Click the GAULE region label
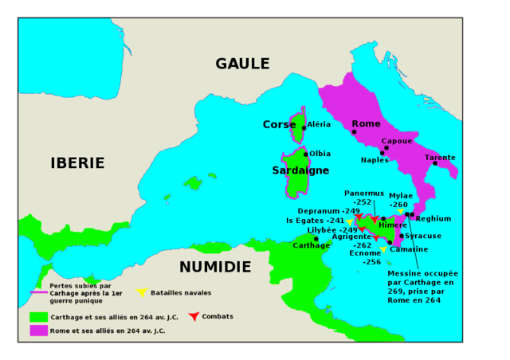(242, 64)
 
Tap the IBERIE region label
(77, 163)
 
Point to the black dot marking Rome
(354, 132)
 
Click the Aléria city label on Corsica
(319, 125)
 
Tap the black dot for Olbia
(306, 155)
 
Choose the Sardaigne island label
(300, 170)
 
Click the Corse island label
(280, 125)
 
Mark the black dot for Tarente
(435, 164)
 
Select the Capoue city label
(397, 141)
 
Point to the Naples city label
(375, 160)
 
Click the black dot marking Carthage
(316, 239)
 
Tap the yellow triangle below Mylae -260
(401, 212)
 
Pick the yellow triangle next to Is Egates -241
(349, 221)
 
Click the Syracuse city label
(423, 236)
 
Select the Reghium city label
(433, 218)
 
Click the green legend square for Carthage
(35, 316)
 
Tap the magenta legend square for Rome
(35, 330)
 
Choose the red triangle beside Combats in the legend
(194, 317)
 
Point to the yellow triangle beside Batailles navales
(142, 293)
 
